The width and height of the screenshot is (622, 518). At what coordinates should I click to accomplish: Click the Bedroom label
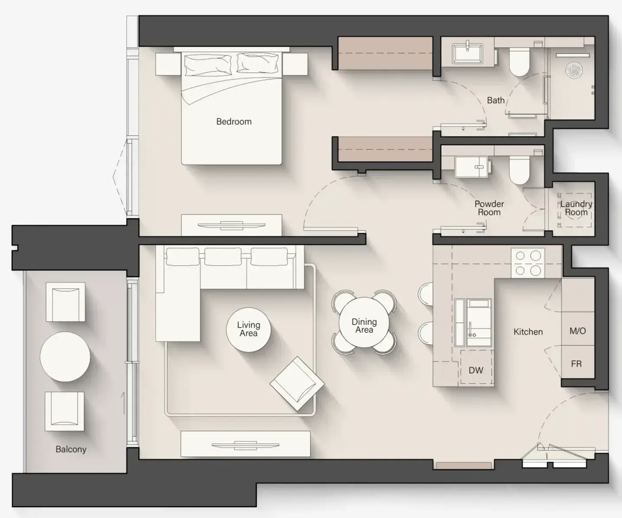234,121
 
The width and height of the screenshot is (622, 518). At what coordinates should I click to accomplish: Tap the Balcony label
71,449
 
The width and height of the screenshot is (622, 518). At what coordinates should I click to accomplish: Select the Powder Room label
489,208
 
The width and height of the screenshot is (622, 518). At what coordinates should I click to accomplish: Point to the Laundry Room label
576,208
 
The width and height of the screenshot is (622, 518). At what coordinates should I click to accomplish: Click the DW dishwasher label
476,370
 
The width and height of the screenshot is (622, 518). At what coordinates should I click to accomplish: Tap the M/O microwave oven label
578,331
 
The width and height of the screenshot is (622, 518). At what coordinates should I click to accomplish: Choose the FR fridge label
576,364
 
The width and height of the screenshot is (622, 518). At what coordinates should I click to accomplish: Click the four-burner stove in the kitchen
528,263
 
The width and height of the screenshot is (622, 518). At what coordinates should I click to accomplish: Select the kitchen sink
479,323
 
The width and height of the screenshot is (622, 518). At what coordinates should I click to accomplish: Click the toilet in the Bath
520,62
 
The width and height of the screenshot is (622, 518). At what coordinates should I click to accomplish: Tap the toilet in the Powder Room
520,170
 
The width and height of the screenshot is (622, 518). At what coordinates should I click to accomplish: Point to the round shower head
574,70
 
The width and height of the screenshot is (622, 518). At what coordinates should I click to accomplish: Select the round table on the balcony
65,357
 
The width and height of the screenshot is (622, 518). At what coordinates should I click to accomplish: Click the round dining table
364,323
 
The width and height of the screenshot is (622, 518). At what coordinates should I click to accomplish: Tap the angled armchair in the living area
297,384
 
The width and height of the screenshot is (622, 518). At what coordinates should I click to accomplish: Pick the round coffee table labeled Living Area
248,330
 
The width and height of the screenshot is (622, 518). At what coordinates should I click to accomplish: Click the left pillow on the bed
208,65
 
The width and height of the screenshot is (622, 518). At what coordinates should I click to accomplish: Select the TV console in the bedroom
231,225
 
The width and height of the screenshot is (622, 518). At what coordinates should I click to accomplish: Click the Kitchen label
528,332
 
